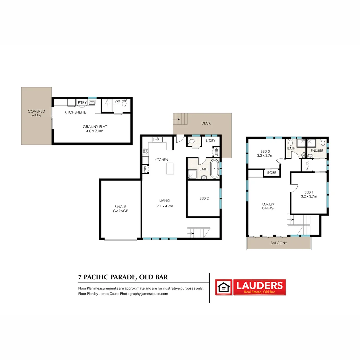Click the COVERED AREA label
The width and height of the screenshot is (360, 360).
36,114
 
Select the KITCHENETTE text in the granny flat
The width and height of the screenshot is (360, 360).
75,112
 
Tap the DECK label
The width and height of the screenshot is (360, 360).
206,123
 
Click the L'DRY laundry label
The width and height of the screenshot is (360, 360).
210,141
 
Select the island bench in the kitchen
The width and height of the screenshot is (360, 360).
170,168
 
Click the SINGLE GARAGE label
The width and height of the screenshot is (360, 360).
120,209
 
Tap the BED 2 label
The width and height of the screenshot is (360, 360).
204,199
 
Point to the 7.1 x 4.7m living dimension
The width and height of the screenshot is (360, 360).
165,206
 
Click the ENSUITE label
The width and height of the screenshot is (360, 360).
317,151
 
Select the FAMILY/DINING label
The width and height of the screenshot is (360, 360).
268,206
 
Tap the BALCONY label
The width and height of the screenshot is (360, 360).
279,243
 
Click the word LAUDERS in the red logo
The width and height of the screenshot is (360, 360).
260,285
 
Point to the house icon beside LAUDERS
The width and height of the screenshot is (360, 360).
224,287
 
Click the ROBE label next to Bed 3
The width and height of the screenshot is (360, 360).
271,173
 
